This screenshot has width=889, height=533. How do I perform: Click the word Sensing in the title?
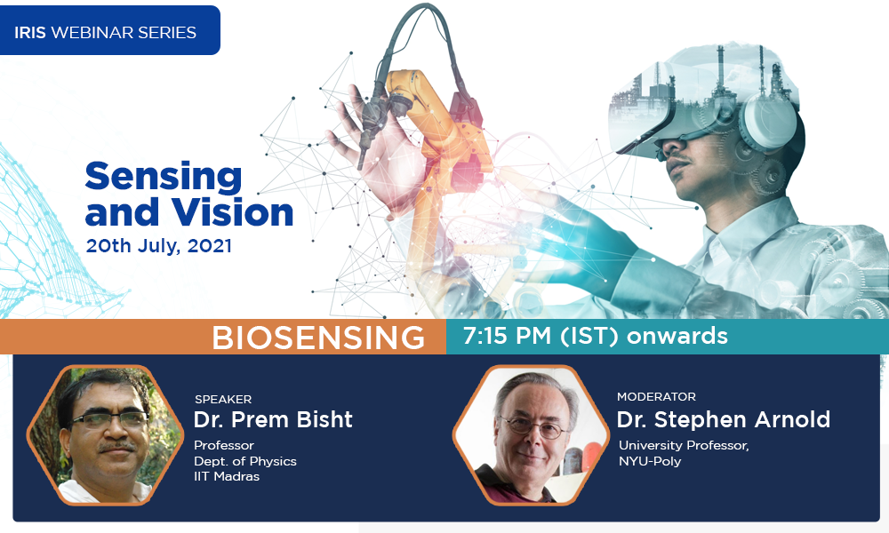coord(164,177)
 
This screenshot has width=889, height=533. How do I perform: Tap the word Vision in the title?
coord(232,212)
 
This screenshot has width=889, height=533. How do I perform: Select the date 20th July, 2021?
coord(159,246)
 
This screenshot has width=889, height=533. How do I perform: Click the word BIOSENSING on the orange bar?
coord(318,338)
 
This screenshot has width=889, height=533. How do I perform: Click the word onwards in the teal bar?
coord(677,336)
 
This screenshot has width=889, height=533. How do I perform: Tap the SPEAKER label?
coord(223,400)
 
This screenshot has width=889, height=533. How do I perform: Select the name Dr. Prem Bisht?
coord(273,419)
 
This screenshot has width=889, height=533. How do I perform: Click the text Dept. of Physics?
coord(245,461)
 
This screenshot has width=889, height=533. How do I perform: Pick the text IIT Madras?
coord(226,476)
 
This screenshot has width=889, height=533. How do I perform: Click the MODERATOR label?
coord(656,396)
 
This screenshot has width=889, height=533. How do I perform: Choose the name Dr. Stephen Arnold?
coord(724,419)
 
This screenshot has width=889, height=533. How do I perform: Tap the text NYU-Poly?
coord(650,461)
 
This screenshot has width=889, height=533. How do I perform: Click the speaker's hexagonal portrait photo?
coord(105,434)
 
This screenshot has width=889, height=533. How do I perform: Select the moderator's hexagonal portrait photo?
coord(531,434)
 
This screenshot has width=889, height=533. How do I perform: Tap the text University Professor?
coord(683,446)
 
